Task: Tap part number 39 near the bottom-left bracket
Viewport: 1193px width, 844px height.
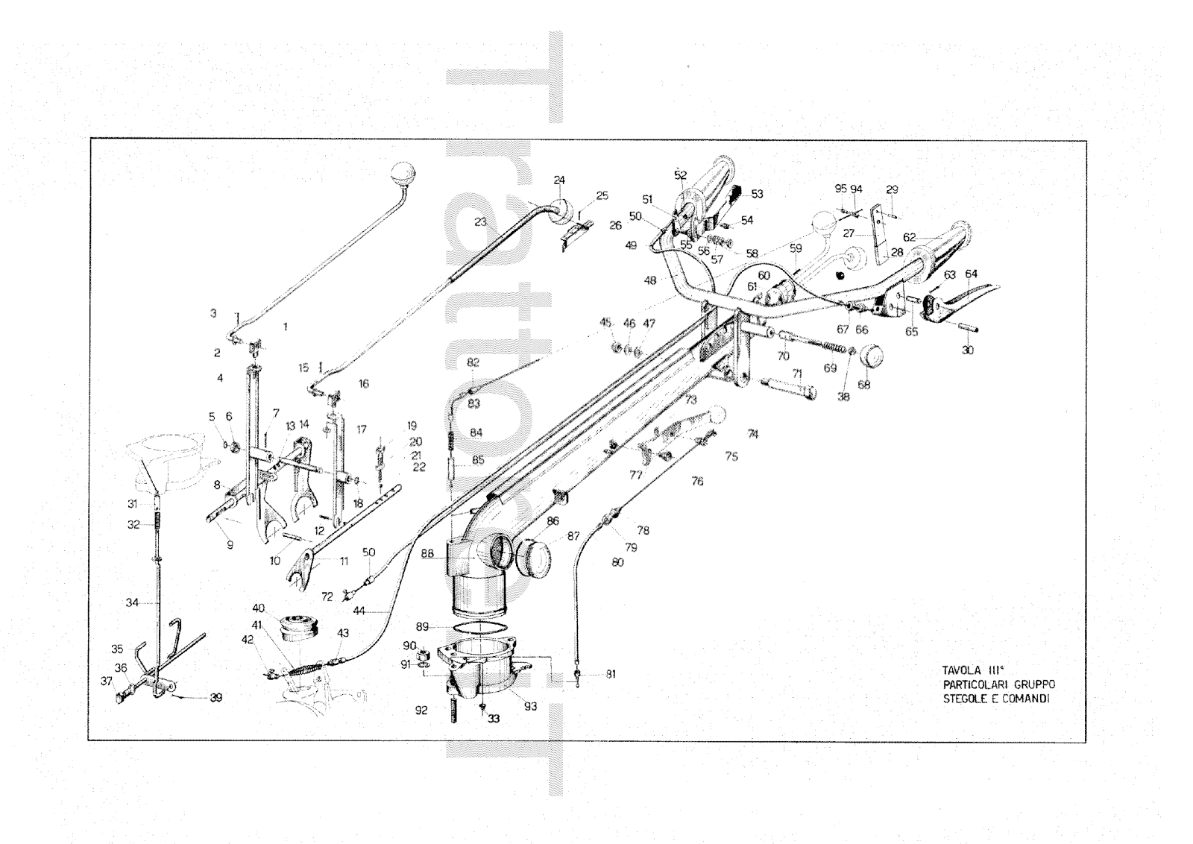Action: click(x=215, y=698)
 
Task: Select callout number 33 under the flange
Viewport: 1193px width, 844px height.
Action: click(x=493, y=719)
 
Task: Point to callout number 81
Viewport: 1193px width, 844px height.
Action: click(x=611, y=674)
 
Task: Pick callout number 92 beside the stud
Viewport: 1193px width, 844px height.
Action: click(x=421, y=711)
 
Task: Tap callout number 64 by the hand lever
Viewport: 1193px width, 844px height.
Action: click(x=971, y=274)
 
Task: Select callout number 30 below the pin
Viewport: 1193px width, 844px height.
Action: click(x=967, y=350)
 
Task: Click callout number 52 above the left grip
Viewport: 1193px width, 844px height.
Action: click(x=680, y=175)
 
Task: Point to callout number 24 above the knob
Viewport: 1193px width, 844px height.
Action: click(x=559, y=180)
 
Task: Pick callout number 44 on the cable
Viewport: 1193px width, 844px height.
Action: click(x=359, y=611)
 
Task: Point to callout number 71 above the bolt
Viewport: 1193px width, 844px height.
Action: click(x=797, y=373)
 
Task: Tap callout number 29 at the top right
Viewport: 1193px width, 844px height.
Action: click(x=893, y=190)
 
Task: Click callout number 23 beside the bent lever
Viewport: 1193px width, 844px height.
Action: click(x=479, y=221)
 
